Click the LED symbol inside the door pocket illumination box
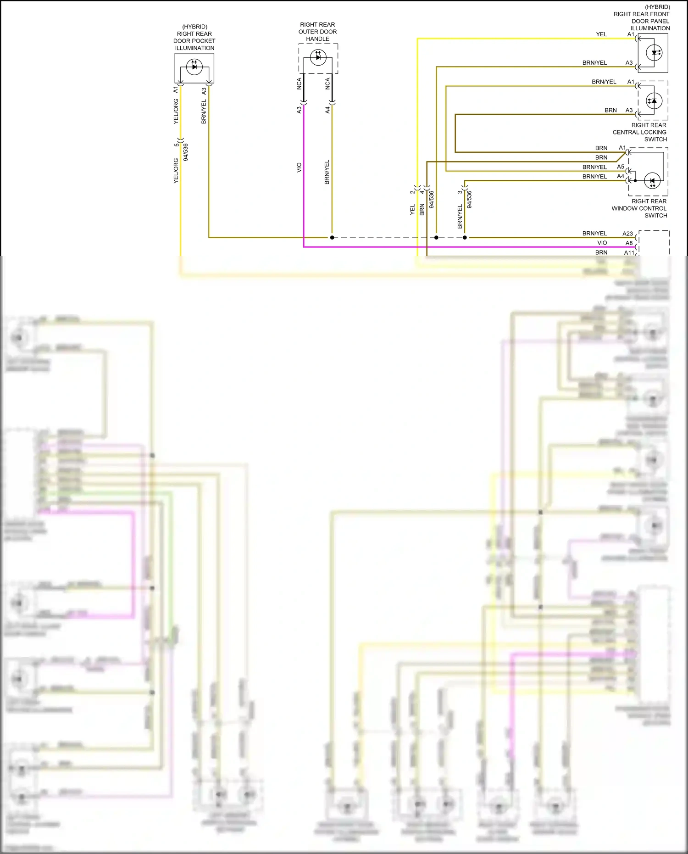[194, 67]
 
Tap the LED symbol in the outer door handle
[318, 57]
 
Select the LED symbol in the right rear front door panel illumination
[654, 53]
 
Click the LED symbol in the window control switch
[652, 181]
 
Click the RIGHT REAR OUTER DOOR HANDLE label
[317, 32]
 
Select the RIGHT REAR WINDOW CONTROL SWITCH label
[639, 208]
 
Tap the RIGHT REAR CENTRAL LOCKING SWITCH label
[639, 132]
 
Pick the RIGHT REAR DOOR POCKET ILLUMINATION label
[194, 37]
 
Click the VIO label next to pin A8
[602, 243]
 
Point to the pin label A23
[627, 234]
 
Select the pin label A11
[629, 253]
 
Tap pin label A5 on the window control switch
[620, 167]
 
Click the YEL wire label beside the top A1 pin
[601, 34]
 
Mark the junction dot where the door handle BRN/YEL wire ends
[332, 238]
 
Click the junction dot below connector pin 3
[465, 238]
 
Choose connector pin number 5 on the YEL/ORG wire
[176, 145]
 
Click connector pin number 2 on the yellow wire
[412, 192]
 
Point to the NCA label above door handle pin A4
[327, 84]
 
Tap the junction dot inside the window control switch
[635, 181]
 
